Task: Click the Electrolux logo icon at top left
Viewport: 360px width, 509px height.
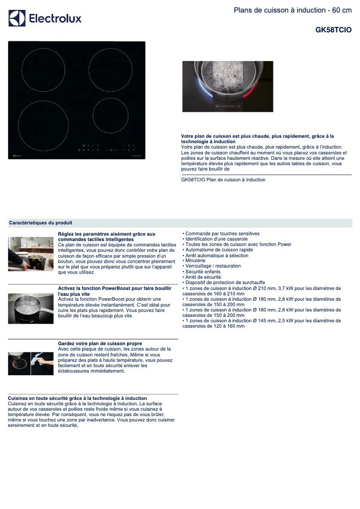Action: (x=17, y=18)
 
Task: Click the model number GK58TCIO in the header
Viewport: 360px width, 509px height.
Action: (x=333, y=30)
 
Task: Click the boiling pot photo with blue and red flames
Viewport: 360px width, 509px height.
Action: (x=228, y=87)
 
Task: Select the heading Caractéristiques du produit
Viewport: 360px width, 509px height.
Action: (x=41, y=223)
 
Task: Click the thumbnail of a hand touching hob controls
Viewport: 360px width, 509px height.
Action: (x=31, y=254)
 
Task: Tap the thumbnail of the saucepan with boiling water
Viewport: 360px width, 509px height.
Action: (x=31, y=308)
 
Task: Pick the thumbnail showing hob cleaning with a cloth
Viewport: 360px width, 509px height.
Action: (x=31, y=363)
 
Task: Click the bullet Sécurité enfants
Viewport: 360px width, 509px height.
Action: (x=202, y=272)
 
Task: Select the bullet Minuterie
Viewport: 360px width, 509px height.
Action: (x=195, y=260)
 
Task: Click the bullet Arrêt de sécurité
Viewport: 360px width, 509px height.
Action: (x=202, y=277)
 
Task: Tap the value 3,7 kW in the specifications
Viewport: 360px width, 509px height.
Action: (x=280, y=288)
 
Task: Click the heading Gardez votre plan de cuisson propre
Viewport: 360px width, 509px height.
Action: (x=100, y=343)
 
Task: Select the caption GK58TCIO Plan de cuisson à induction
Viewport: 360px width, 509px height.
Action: (x=223, y=180)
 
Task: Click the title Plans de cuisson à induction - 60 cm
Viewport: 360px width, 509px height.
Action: (x=293, y=10)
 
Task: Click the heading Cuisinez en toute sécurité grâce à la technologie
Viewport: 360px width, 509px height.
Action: (x=78, y=398)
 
